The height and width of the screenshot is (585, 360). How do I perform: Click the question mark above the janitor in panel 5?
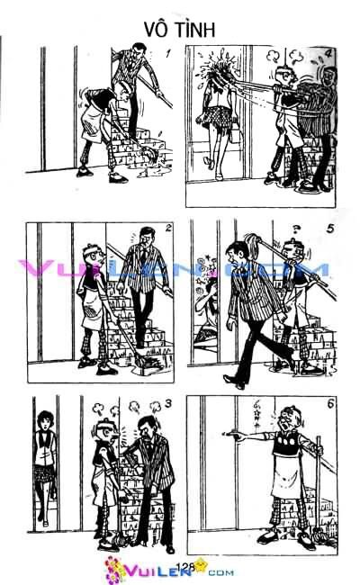[x=293, y=226]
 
